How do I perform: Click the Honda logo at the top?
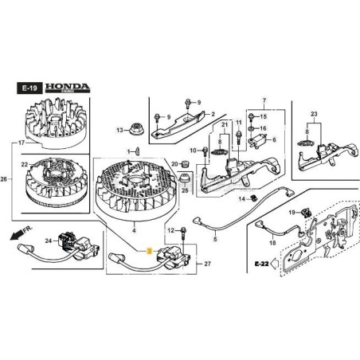pos(73,84)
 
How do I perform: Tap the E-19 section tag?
pos(28,84)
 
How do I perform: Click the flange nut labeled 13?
pos(137,130)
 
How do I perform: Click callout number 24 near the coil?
pos(48,241)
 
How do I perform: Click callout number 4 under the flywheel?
pos(135,232)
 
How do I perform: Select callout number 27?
pos(208,264)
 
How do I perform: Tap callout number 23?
pos(314,115)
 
